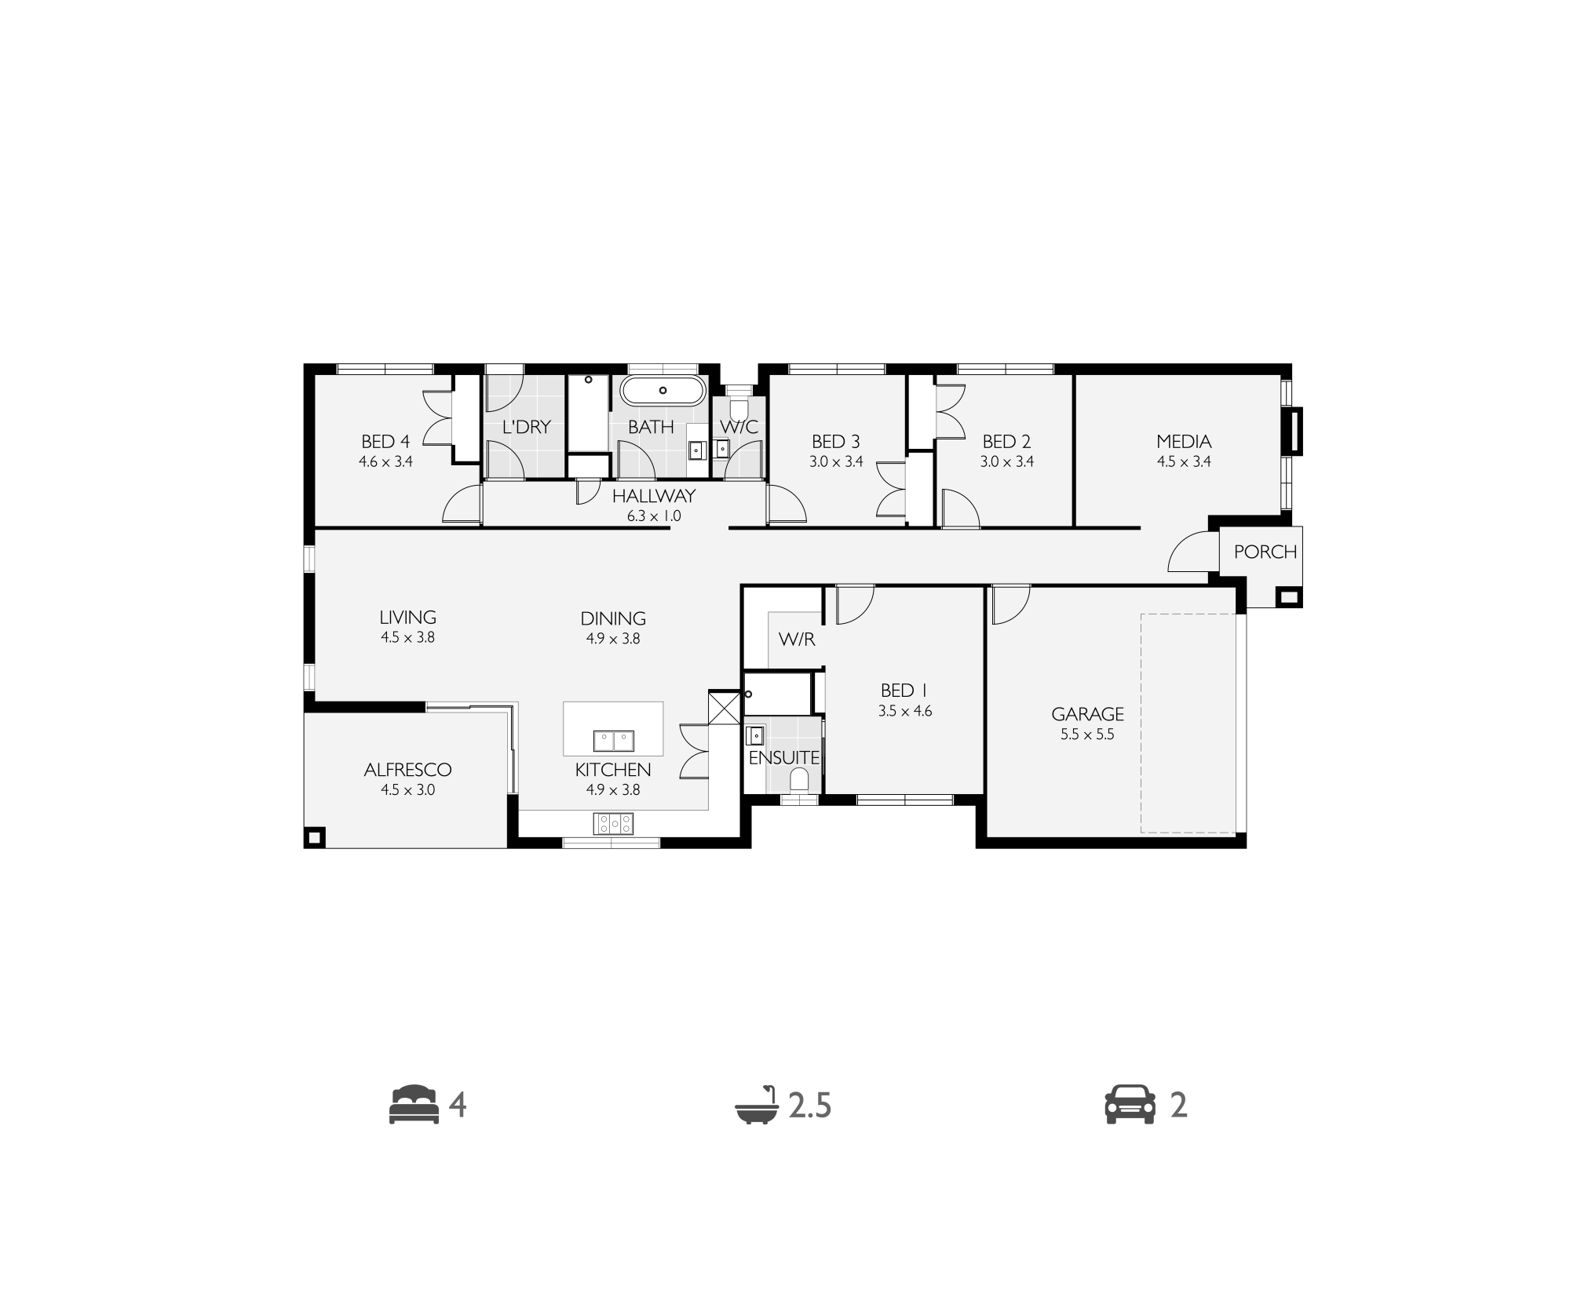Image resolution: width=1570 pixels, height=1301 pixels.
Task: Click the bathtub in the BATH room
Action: click(x=663, y=391)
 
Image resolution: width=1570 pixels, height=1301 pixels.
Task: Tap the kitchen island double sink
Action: click(x=613, y=740)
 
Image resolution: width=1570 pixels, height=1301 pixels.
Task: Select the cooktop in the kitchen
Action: click(x=614, y=823)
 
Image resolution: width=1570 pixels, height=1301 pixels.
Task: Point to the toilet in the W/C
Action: click(x=739, y=408)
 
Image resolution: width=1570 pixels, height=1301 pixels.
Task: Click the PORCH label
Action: click(x=1265, y=552)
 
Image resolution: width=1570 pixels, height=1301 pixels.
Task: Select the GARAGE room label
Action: click(x=1087, y=714)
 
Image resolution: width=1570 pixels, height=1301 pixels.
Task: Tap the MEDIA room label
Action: click(x=1184, y=442)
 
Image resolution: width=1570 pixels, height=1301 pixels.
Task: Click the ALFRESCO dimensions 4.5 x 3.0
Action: click(x=408, y=790)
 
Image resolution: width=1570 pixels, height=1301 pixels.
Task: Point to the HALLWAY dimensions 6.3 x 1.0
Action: click(x=654, y=516)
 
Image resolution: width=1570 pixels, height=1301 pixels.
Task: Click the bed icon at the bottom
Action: click(x=414, y=1105)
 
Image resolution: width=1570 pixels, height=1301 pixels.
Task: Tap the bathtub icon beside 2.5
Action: click(x=757, y=1105)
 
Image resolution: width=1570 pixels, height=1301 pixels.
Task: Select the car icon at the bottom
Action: click(x=1130, y=1105)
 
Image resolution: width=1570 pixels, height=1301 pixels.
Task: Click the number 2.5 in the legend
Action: click(x=810, y=1106)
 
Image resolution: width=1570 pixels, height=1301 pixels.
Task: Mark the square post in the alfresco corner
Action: click(x=315, y=838)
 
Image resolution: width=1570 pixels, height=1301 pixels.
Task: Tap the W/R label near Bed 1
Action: click(x=797, y=640)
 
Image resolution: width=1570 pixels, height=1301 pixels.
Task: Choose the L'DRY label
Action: click(x=527, y=427)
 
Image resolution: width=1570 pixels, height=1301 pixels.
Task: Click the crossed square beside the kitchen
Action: click(x=725, y=707)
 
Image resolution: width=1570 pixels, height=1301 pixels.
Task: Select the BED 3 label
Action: click(x=836, y=442)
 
